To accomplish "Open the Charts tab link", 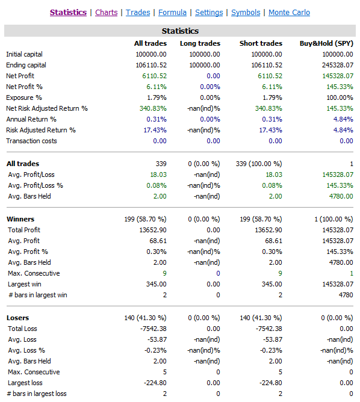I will point(106,13).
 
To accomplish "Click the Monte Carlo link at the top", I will point(289,13).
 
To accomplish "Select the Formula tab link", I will point(172,13).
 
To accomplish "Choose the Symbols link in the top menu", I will point(246,13).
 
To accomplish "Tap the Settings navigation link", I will point(209,13).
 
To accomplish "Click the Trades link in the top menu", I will point(138,13).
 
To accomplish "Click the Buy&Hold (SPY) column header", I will point(326,43).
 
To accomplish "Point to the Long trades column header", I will point(200,43).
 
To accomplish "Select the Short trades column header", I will point(261,43).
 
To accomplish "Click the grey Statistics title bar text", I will point(180,31).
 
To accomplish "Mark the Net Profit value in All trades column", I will point(154,76).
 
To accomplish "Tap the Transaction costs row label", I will point(31,141).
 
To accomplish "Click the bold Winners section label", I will point(20,219).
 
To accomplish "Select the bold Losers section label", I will point(17,318).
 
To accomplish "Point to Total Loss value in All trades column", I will point(152,329).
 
